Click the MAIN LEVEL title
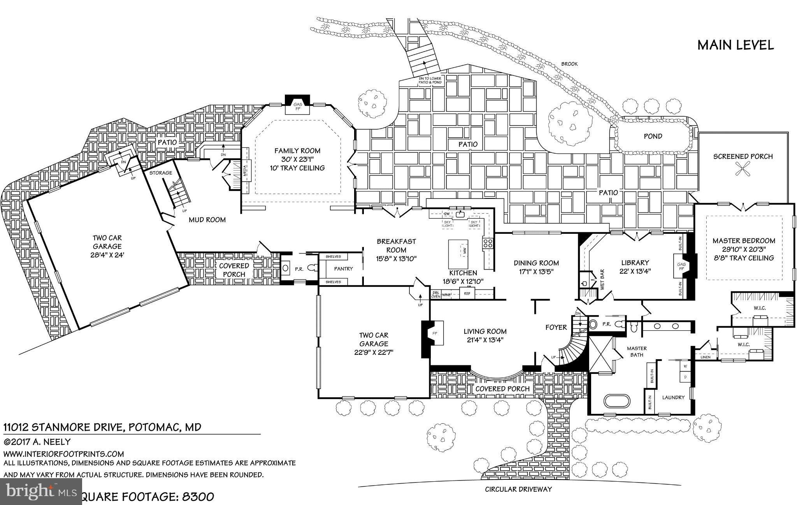click(735, 45)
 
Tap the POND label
click(653, 136)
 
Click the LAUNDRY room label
click(673, 397)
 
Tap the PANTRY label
click(343, 269)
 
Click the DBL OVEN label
click(435, 295)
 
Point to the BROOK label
click(569, 64)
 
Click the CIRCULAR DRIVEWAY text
click(518, 489)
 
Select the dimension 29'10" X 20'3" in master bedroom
click(744, 249)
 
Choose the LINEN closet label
click(705, 357)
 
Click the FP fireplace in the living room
click(435, 333)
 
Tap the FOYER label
click(556, 327)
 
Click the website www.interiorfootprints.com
click(64, 454)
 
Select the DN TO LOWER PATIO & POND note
click(430, 81)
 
